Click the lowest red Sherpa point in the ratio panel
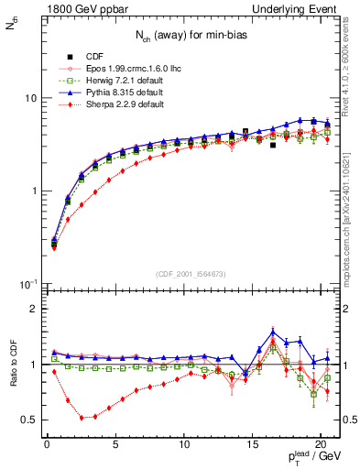[82, 418]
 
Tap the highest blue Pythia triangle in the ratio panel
[273, 333]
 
